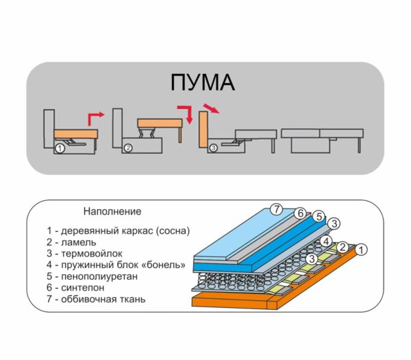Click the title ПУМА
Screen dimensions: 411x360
pos(202,82)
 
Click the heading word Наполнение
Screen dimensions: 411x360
pos(112,211)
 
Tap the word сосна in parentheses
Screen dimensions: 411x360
pos(173,231)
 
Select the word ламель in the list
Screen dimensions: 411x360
pos(79,243)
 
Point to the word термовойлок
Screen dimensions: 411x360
pos(92,254)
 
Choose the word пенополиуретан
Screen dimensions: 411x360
pos(99,276)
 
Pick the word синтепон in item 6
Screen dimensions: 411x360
pos(83,288)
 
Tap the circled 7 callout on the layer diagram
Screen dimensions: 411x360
pos(277,209)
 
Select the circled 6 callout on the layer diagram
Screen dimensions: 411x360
pos(300,213)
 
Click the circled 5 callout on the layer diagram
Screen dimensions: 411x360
pos(319,217)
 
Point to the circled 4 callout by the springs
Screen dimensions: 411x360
pos(326,241)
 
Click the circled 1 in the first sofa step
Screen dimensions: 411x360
pos(60,149)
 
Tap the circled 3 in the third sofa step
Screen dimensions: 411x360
pos(214,148)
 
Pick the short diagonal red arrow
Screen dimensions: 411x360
pos(211,108)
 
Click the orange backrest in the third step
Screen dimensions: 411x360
pos(203,129)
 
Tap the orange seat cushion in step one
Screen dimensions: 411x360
pos(76,134)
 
